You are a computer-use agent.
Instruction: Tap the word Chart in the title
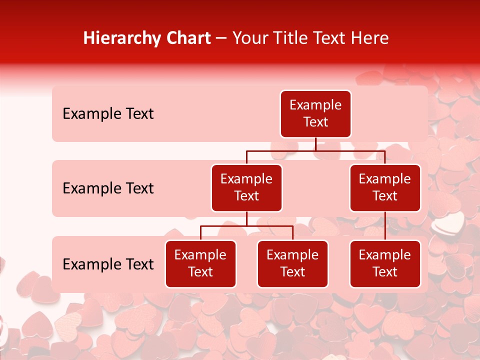coord(188,38)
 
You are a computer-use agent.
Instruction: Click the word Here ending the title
coord(370,38)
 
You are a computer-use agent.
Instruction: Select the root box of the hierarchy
coord(315,114)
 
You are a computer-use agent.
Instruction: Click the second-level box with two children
coord(246,188)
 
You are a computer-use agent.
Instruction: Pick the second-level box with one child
coord(385,188)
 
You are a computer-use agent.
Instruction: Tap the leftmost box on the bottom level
coord(200,264)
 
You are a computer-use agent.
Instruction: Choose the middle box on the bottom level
coord(292,264)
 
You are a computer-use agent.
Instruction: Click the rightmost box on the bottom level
coord(385,264)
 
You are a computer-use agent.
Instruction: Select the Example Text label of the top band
coord(108,114)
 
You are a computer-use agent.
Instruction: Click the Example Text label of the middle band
coord(108,188)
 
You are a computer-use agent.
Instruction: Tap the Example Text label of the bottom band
coord(108,264)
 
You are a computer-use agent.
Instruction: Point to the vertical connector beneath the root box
coord(315,144)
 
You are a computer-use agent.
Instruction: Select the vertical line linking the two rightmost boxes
coord(385,226)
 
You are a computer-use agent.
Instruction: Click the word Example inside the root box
coord(315,105)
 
